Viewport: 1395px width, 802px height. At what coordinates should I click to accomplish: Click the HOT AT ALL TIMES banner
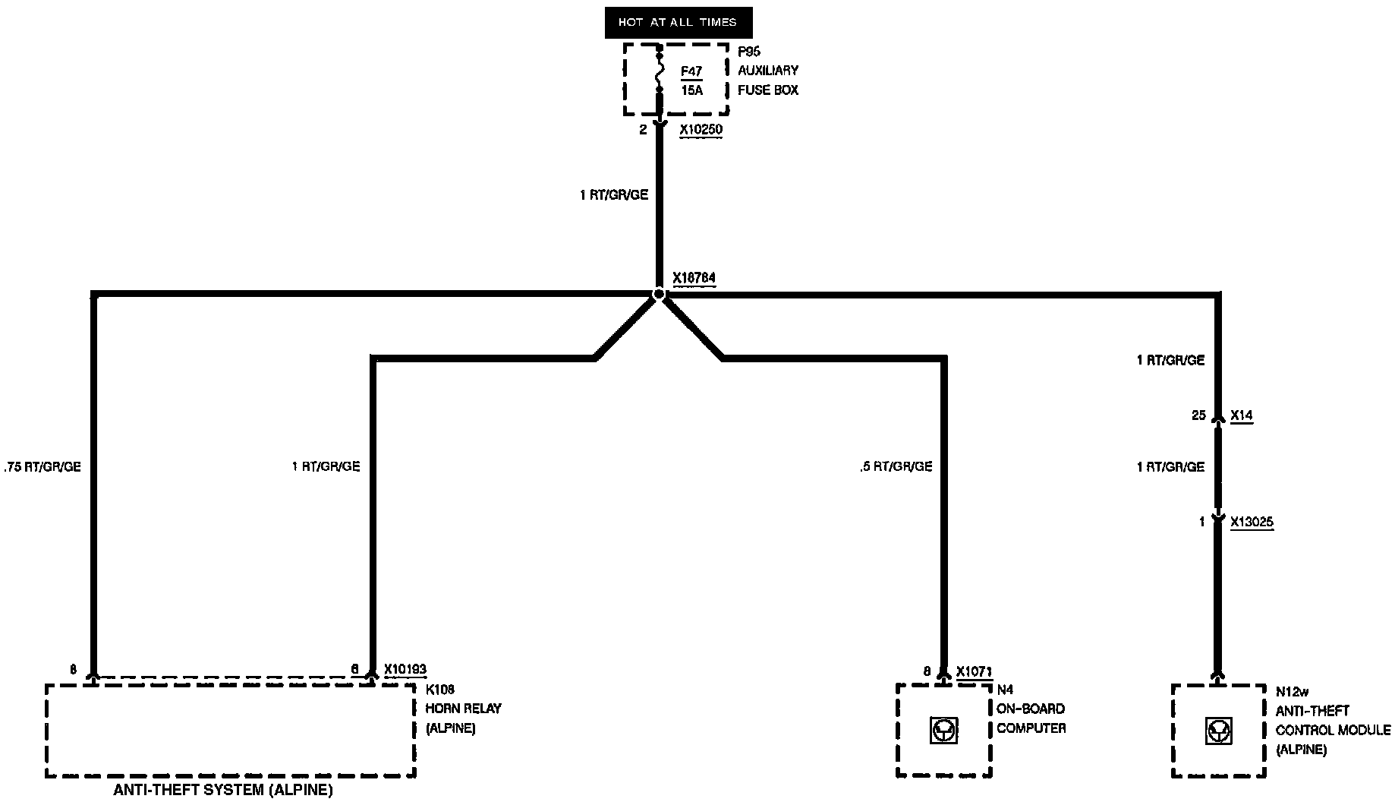pyautogui.click(x=678, y=22)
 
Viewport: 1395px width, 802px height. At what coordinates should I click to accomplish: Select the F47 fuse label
pyautogui.click(x=691, y=71)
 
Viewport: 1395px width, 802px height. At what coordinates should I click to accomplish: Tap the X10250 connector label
pyautogui.click(x=701, y=130)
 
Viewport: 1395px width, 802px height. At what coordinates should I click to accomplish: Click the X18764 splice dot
pyautogui.click(x=658, y=294)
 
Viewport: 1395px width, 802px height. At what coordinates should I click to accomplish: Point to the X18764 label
pyautogui.click(x=694, y=278)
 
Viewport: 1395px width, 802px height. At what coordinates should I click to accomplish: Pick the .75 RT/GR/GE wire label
pyautogui.click(x=43, y=467)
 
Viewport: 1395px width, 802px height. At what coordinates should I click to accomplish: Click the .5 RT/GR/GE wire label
pyautogui.click(x=896, y=467)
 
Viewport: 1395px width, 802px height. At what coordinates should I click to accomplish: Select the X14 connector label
pyautogui.click(x=1241, y=415)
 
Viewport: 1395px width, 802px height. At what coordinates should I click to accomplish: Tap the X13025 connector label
pyautogui.click(x=1252, y=523)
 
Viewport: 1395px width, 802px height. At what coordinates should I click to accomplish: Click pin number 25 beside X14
pyautogui.click(x=1198, y=415)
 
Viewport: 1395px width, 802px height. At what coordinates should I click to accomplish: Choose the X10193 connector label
pyautogui.click(x=405, y=670)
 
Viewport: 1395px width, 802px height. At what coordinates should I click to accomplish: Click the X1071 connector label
pyautogui.click(x=974, y=671)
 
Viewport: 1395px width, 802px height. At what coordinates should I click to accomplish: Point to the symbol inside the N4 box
pyautogui.click(x=943, y=731)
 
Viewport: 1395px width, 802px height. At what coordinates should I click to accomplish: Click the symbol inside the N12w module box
pyautogui.click(x=1219, y=731)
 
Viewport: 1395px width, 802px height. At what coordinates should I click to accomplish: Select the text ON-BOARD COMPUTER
pyautogui.click(x=1031, y=718)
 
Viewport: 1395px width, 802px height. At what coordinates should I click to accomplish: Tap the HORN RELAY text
pyautogui.click(x=463, y=709)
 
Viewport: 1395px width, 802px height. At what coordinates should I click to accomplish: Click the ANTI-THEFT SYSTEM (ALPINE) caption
pyautogui.click(x=223, y=790)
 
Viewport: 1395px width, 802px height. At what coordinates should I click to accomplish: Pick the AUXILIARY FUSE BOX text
pyautogui.click(x=768, y=80)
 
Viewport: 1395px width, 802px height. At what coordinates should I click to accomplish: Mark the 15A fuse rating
pyautogui.click(x=691, y=90)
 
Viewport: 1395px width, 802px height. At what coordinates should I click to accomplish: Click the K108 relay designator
pyautogui.click(x=439, y=690)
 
